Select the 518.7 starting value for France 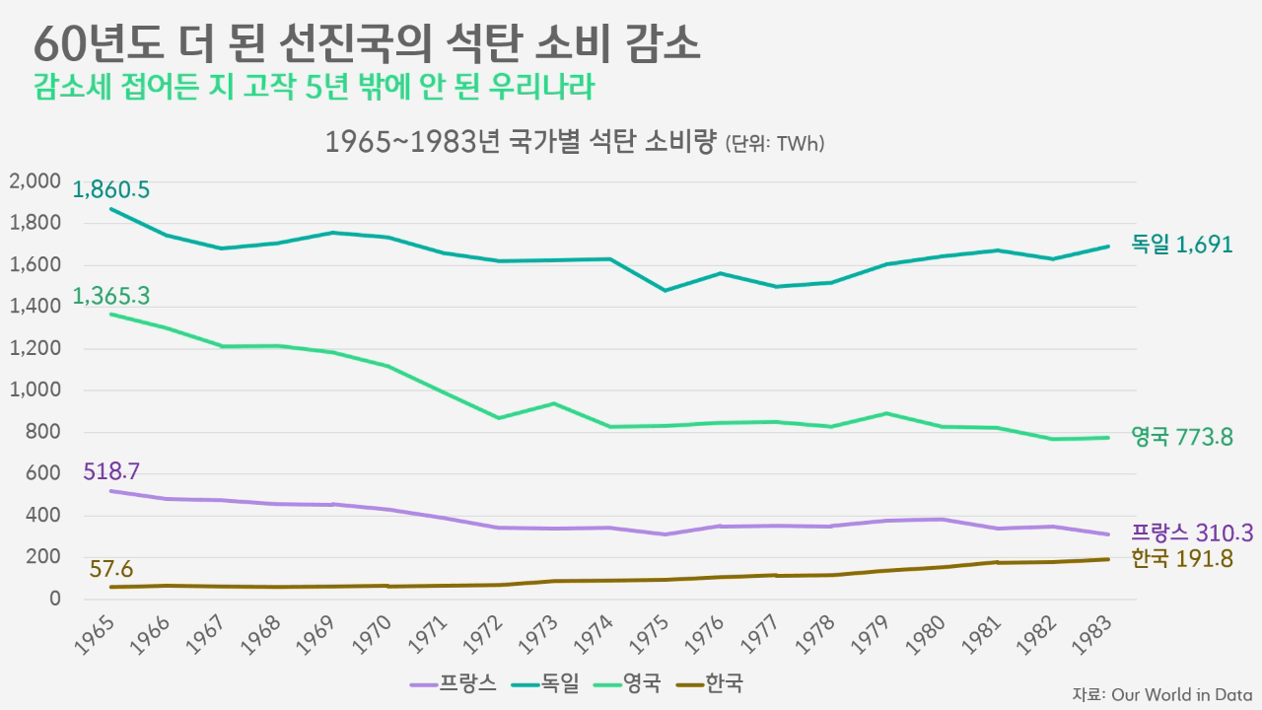tap(111, 471)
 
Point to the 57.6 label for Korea tap(111, 569)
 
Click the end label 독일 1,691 tap(1182, 245)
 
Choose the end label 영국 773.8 tap(1182, 437)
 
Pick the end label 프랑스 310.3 tap(1192, 533)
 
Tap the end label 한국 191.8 tap(1182, 558)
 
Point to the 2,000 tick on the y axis tap(35, 181)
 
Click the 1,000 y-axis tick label tap(35, 390)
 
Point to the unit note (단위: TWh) tap(775, 144)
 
